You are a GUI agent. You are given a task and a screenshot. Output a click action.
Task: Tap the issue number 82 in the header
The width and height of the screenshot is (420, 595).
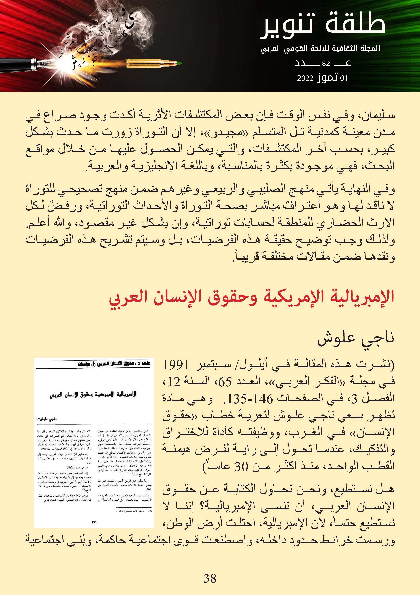pyautogui.click(x=326, y=63)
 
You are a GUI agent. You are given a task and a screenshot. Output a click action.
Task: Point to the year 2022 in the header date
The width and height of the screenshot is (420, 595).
pyautogui.click(x=305, y=78)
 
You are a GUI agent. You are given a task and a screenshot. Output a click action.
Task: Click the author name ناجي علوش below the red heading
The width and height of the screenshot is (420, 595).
pyautogui.click(x=356, y=338)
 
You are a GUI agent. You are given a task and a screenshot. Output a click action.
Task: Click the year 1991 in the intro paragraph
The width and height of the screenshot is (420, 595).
pyautogui.click(x=176, y=365)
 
